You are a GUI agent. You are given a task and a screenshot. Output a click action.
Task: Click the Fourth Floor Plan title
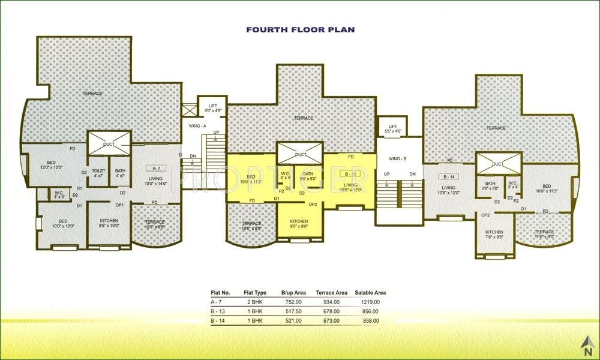(x=301, y=29)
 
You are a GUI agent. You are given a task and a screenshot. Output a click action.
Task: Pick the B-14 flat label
(x=448, y=177)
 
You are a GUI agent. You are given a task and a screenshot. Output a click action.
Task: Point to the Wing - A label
(x=197, y=126)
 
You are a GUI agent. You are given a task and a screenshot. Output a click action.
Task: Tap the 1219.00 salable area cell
(x=367, y=302)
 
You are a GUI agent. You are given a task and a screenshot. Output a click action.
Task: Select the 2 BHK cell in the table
(x=251, y=302)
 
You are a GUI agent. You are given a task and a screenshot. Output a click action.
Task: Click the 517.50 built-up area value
(x=292, y=311)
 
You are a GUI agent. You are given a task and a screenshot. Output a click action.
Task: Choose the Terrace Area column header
(x=332, y=292)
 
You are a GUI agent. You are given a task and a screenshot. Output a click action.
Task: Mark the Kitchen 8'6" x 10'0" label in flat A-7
(x=109, y=223)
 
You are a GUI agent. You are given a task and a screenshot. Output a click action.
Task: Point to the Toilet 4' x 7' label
(x=98, y=173)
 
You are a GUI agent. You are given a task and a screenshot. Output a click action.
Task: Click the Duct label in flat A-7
(x=109, y=145)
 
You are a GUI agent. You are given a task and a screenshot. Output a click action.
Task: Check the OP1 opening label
(x=119, y=205)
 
